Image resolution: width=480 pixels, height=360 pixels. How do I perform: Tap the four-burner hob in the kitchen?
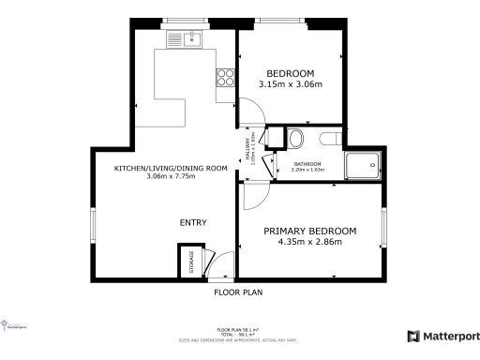pos(225,78)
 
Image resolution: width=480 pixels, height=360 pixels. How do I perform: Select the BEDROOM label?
pos(291,73)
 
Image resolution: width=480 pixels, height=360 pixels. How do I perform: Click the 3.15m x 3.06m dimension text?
pos(291,85)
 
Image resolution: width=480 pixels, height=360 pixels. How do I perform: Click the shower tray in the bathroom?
pos(363,166)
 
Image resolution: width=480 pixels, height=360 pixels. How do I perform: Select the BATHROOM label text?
pos(307,164)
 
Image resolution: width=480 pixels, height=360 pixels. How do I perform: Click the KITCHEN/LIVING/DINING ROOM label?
pos(171,168)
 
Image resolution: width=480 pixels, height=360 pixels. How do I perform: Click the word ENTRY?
pos(193,222)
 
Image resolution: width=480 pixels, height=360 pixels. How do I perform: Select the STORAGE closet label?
pos(191,261)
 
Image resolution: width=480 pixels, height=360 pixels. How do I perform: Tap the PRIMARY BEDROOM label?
pos(309,232)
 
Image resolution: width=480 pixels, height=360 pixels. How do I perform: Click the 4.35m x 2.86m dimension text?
pos(309,243)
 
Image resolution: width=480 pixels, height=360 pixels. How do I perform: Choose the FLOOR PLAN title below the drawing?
pos(238,292)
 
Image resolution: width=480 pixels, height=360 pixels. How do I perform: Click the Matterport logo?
pos(443,336)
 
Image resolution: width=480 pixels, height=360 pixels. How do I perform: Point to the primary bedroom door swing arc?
pos(255,197)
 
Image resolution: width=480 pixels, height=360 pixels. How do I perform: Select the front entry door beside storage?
pos(217,267)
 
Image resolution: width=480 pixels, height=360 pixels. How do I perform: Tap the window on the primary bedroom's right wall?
pos(384,230)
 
